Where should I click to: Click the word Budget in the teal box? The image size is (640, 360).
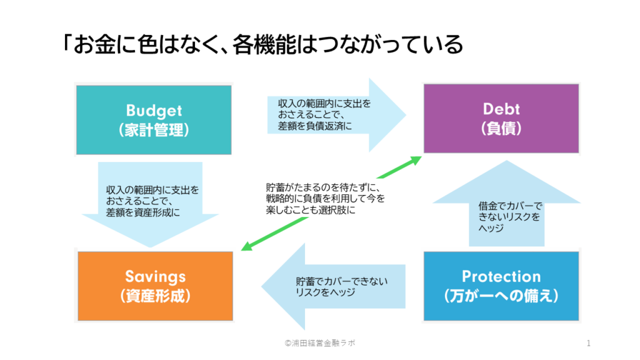tap(154, 111)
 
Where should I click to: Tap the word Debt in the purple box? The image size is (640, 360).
tap(501, 109)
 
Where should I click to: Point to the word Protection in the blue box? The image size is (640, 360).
tap(501, 276)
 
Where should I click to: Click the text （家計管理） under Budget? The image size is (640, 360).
tap(154, 130)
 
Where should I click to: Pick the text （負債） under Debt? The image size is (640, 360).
tap(501, 129)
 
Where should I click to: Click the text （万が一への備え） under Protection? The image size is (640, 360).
tap(501, 295)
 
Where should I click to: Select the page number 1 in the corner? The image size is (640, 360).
tap(589, 343)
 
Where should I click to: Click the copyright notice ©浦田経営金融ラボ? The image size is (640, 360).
tap(320, 343)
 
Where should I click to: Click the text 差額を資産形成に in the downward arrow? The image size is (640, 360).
tap(142, 212)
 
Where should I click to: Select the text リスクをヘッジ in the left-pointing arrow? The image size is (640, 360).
tap(325, 292)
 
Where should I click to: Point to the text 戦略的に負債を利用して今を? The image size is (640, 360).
tap(325, 198)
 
